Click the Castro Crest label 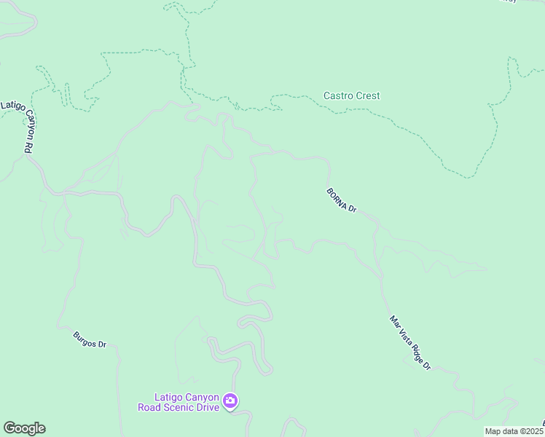[x=351, y=95]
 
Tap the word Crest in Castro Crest [x=367, y=95]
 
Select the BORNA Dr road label [x=341, y=200]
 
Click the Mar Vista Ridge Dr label [x=410, y=342]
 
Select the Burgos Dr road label [x=90, y=339]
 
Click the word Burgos [x=85, y=338]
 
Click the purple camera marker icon [x=230, y=401]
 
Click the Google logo [x=24, y=428]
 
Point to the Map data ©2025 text [x=514, y=431]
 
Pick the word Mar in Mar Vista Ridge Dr [x=395, y=321]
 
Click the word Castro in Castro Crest [x=337, y=95]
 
